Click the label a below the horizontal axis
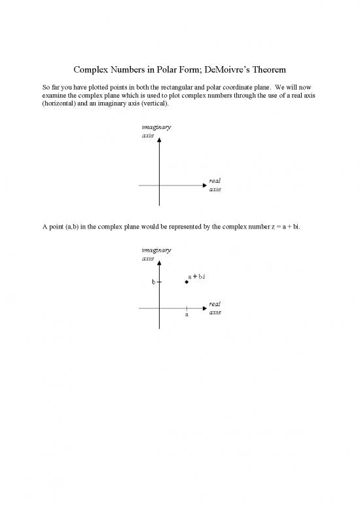coord(187,314)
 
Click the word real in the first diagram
coord(215,181)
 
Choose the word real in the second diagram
coord(215,303)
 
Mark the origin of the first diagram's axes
coord(159,186)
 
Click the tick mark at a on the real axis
coord(187,308)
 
